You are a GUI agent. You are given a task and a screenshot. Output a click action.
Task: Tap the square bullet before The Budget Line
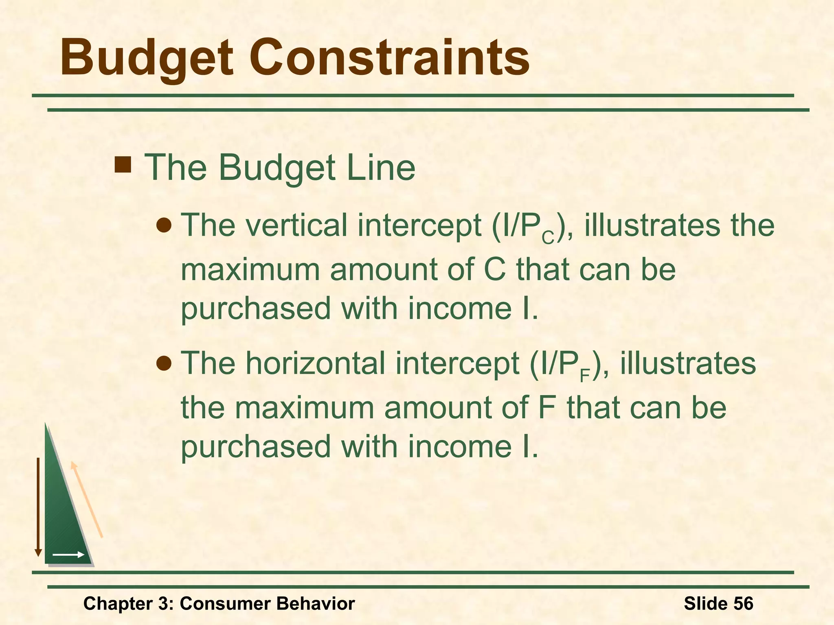point(123,166)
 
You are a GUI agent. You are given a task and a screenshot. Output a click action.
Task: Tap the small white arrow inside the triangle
point(68,555)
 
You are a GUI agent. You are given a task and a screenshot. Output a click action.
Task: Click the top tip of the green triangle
point(46,425)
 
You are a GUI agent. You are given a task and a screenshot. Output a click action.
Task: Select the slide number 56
point(743,603)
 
